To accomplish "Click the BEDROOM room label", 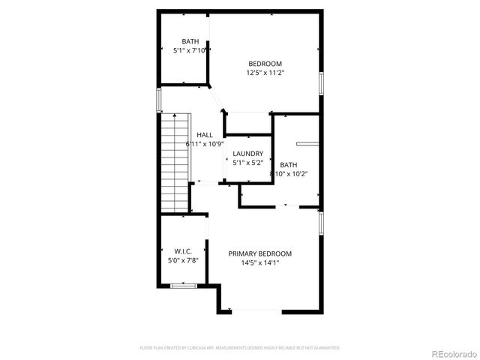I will pos(265,63).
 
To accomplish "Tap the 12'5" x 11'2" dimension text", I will pos(265,73).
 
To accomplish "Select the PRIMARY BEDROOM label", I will pos(260,253).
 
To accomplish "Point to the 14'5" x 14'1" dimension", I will pos(260,263).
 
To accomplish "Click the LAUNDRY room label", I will pos(247,154).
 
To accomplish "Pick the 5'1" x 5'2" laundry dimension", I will pos(247,163).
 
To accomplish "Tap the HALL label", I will pos(205,135).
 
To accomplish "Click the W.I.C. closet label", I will pos(184,250).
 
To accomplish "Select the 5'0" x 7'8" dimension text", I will pos(184,260).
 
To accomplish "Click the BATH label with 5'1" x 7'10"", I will pos(190,41).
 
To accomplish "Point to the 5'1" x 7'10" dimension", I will pos(190,51).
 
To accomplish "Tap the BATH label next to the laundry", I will pos(288,164).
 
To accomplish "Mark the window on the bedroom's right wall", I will pos(322,82).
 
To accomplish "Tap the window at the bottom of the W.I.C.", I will pos(183,286).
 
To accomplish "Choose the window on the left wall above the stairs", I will pos(159,100).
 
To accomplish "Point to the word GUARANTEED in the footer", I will pos(325,348).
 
